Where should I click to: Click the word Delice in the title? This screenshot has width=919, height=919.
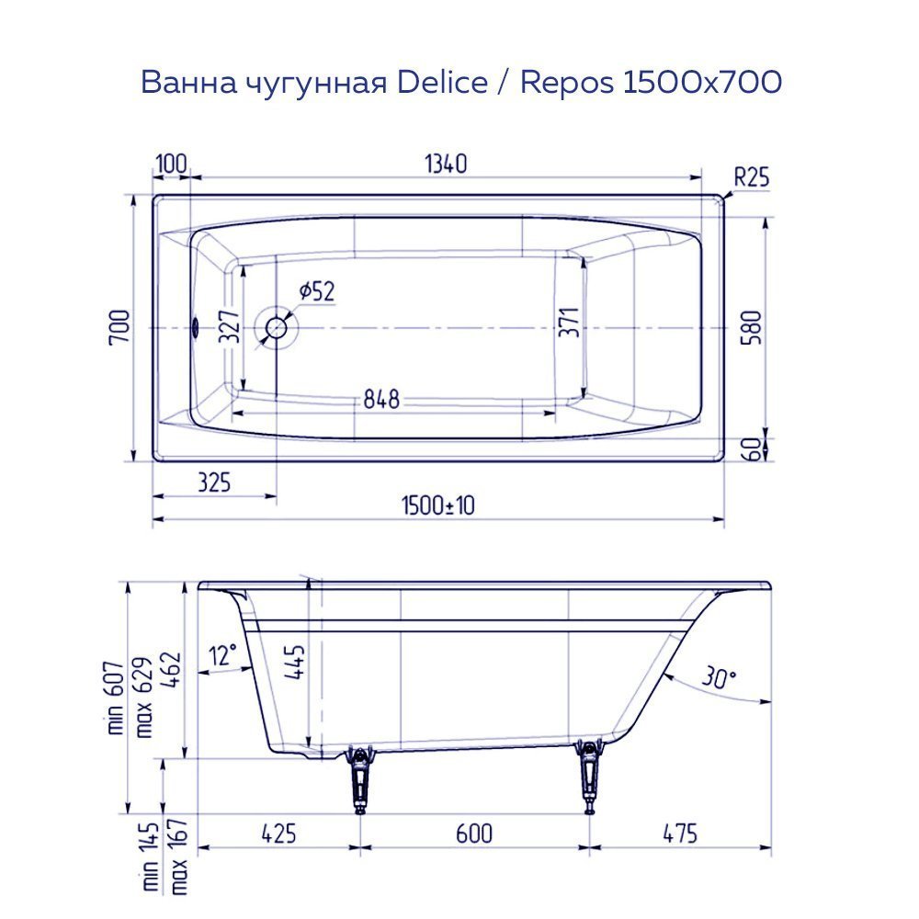click(x=442, y=83)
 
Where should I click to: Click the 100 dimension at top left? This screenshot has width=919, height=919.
click(x=171, y=165)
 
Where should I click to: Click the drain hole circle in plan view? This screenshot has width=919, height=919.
click(x=278, y=327)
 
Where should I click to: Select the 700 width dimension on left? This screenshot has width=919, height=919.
click(x=120, y=328)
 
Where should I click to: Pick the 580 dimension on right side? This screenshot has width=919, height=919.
click(x=752, y=328)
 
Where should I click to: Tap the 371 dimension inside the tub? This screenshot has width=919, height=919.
click(x=570, y=323)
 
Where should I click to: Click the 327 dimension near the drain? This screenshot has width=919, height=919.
click(x=232, y=326)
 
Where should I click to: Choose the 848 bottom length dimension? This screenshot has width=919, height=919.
click(x=380, y=400)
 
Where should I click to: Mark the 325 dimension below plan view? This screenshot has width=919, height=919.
click(x=212, y=481)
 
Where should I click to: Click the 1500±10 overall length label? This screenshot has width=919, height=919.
click(x=437, y=505)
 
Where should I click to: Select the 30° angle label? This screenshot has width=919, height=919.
click(x=718, y=678)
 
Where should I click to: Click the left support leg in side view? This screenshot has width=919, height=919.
click(x=359, y=779)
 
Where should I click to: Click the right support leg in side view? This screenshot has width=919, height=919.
click(x=589, y=777)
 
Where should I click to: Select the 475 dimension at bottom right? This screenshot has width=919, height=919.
click(x=678, y=834)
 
